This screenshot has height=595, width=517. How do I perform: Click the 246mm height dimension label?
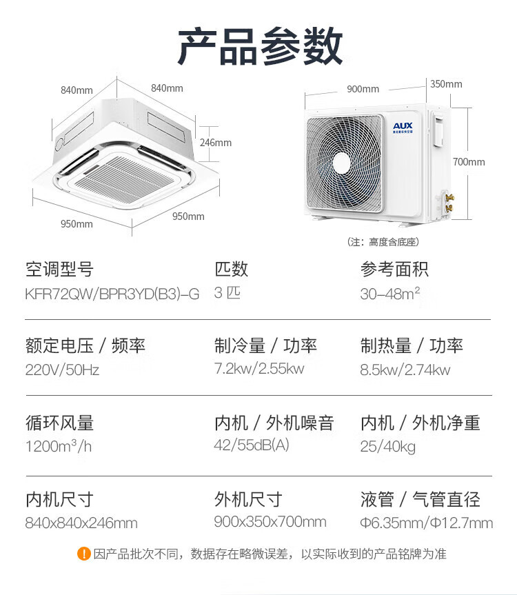216,143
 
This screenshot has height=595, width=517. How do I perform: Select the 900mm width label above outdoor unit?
363,89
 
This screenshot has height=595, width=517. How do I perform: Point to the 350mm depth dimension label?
446,84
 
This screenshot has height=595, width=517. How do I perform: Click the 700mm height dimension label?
469,162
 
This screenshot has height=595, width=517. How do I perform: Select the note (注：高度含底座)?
383,242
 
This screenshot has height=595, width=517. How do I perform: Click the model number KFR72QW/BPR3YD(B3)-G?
112,294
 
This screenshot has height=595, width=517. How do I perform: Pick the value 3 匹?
227,293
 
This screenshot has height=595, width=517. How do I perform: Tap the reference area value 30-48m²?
390,294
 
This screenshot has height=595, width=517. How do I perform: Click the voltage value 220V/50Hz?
62,370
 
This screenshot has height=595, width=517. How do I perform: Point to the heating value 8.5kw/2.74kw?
405,370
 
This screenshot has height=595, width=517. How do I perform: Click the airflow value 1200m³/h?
59,446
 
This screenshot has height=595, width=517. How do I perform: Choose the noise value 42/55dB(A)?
252,445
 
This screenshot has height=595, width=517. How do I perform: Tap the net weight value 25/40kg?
388,447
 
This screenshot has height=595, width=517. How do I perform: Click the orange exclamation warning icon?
83,554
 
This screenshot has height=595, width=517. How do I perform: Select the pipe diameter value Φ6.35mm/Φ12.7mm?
426,523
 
